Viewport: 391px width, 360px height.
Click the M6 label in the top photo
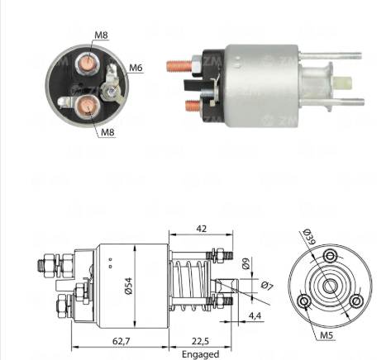pos(136,68)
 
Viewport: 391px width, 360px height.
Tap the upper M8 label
pos(101,36)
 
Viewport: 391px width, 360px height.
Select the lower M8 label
pos(107,132)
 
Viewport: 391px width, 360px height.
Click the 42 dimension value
pos(202,229)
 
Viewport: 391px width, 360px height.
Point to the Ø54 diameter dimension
pos(129,286)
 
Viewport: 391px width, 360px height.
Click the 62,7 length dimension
pos(121,341)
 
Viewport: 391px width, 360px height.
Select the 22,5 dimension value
pos(200,341)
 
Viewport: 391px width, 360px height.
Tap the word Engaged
pos(201,354)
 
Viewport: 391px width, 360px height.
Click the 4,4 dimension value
pos(255,315)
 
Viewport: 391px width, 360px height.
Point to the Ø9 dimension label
pos(246,263)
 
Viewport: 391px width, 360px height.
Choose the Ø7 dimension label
pos(267,286)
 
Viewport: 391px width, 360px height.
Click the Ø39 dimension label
pos(309,237)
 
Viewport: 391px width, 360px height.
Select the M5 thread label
pos(327,335)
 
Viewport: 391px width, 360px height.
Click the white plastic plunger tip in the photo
pos(343,83)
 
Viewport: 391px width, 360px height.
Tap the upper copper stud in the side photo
pos(179,66)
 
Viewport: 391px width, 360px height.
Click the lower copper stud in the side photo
pos(193,107)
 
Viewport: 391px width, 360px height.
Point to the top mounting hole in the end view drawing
pos(330,256)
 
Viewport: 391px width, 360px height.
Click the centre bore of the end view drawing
pos(330,287)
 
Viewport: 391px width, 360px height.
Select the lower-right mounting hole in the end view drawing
pos(356,301)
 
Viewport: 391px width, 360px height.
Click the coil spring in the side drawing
pos(190,286)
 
